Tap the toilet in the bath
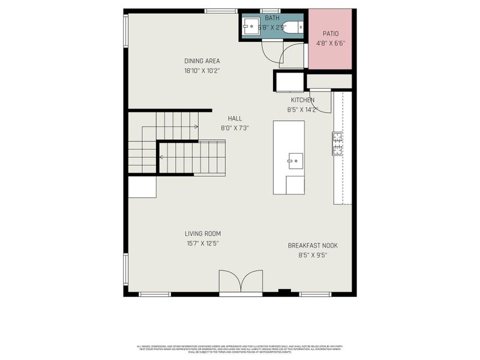pos(293,26)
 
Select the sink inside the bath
pos(251,26)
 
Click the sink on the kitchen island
pos(295,160)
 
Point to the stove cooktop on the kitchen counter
pos(337,143)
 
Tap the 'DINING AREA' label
pos(202,61)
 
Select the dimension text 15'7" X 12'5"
pos(202,244)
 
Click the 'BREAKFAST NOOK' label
pos(312,245)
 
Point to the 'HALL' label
pos(235,118)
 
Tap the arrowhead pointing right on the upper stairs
pos(196,127)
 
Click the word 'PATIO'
pos(331,34)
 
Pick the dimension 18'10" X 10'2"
pos(202,70)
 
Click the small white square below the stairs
pos(142,187)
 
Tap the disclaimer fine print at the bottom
pos(240,349)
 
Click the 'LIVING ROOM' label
pos(202,234)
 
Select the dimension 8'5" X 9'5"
pos(312,255)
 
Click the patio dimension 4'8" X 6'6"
pos(331,43)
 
